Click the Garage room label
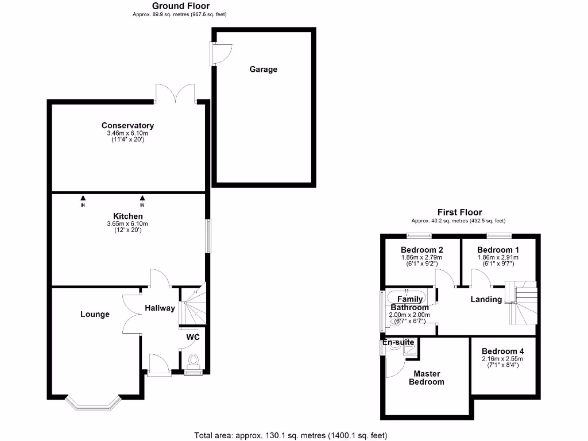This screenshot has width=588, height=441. tap(263, 69)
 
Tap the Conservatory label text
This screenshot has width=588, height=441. tap(127, 125)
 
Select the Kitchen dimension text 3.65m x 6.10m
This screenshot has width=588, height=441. tap(127, 223)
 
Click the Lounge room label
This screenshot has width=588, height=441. tap(95, 314)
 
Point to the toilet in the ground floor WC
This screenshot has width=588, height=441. tap(194, 361)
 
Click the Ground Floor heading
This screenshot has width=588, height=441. tap(180, 6)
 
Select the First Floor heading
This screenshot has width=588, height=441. tap(459, 212)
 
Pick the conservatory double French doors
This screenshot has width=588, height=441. tap(175, 94)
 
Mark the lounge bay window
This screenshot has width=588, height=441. tap(95, 403)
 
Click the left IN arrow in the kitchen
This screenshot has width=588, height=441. tap(83, 199)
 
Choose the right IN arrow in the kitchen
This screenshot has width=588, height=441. tap(142, 199)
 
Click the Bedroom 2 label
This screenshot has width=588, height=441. tap(421, 250)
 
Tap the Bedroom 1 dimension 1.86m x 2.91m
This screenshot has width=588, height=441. tap(498, 257)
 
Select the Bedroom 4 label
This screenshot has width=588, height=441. tap(502, 351)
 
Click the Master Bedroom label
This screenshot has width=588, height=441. tap(426, 378)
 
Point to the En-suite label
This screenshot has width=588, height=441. tap(399, 342)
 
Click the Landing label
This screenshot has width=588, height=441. tap(486, 299)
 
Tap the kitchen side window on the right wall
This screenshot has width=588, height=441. tap(208, 235)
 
